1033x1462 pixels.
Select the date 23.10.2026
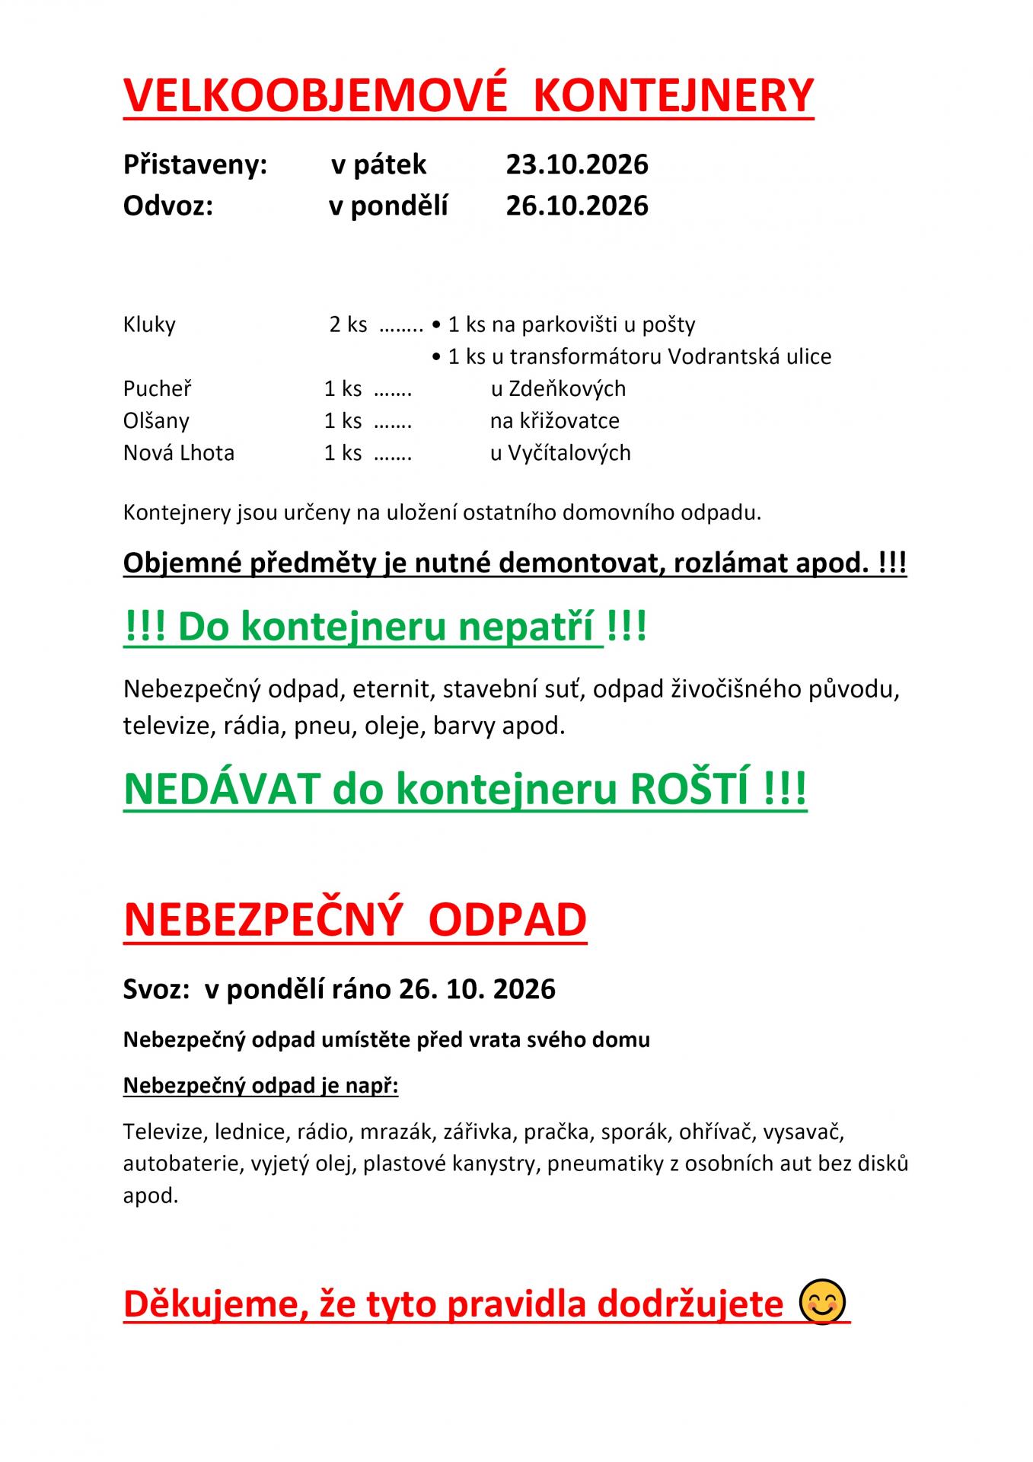click(x=576, y=164)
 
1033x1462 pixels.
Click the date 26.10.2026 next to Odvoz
click(x=576, y=206)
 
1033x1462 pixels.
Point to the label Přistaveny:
click(x=195, y=164)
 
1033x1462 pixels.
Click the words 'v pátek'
click(x=378, y=164)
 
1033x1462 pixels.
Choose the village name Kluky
click(x=149, y=324)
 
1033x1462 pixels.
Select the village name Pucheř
click(x=157, y=388)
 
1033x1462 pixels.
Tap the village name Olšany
click(x=156, y=420)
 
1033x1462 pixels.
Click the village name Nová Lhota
click(x=179, y=452)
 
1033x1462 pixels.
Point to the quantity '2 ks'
click(x=348, y=324)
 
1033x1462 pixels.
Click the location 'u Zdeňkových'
click(x=558, y=388)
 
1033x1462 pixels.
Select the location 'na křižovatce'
click(x=554, y=420)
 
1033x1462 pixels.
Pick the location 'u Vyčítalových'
click(x=560, y=452)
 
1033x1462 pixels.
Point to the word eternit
click(x=389, y=689)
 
